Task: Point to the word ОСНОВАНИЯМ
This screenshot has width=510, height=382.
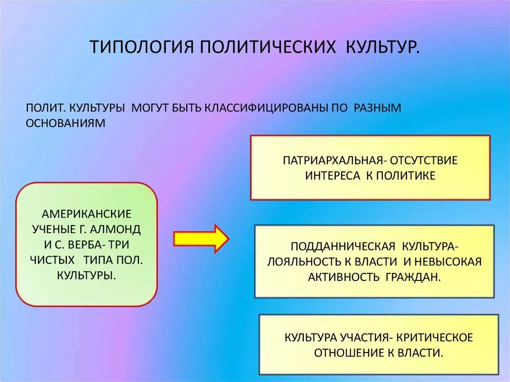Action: pos(66,123)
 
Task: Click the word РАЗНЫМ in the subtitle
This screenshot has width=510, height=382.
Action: pos(378,108)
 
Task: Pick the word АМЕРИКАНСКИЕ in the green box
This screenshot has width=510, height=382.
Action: pos(87,214)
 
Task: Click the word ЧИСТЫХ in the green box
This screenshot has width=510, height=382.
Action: pos(56,260)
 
